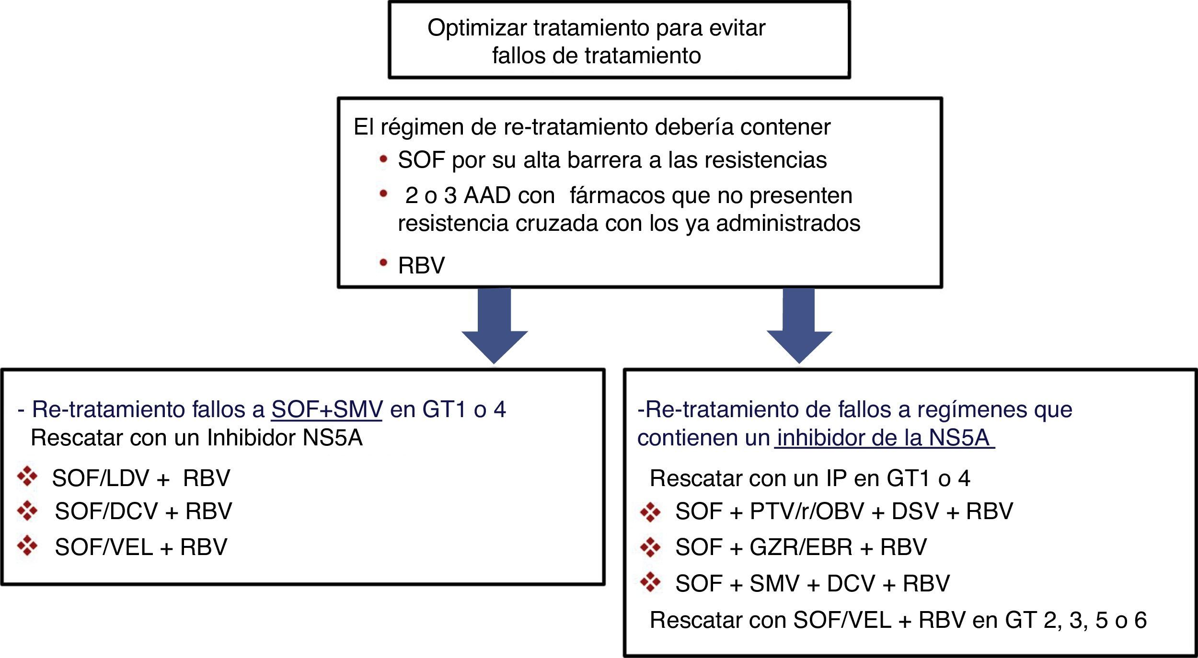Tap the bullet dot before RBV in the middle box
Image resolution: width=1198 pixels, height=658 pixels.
(x=383, y=262)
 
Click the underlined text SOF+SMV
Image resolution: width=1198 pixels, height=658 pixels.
(x=326, y=409)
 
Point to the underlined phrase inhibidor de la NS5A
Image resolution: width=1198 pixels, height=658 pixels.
(x=884, y=438)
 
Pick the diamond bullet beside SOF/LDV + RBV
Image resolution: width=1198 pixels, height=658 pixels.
(x=27, y=476)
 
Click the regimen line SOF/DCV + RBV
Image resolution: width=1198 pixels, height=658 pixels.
(x=143, y=511)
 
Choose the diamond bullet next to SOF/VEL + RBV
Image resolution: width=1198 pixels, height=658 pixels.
(x=27, y=545)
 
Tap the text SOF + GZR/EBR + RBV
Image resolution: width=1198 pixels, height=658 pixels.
(x=801, y=547)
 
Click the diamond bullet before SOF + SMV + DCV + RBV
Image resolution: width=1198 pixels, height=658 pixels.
(x=650, y=582)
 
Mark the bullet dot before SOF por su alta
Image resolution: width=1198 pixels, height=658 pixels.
(x=383, y=159)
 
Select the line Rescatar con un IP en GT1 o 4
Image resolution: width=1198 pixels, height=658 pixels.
(x=810, y=478)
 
